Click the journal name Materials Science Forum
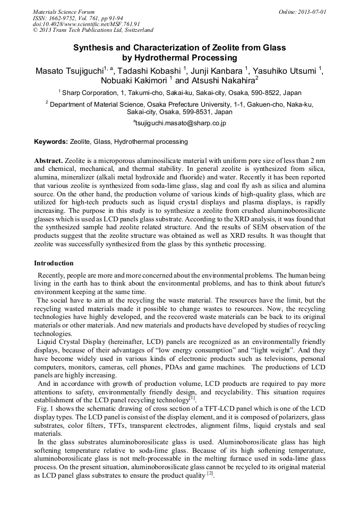coord(64,11)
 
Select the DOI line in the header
coord(87,24)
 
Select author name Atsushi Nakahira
coord(221,81)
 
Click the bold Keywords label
coord(51,142)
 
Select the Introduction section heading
coord(54,263)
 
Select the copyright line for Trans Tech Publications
coord(93,30)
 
